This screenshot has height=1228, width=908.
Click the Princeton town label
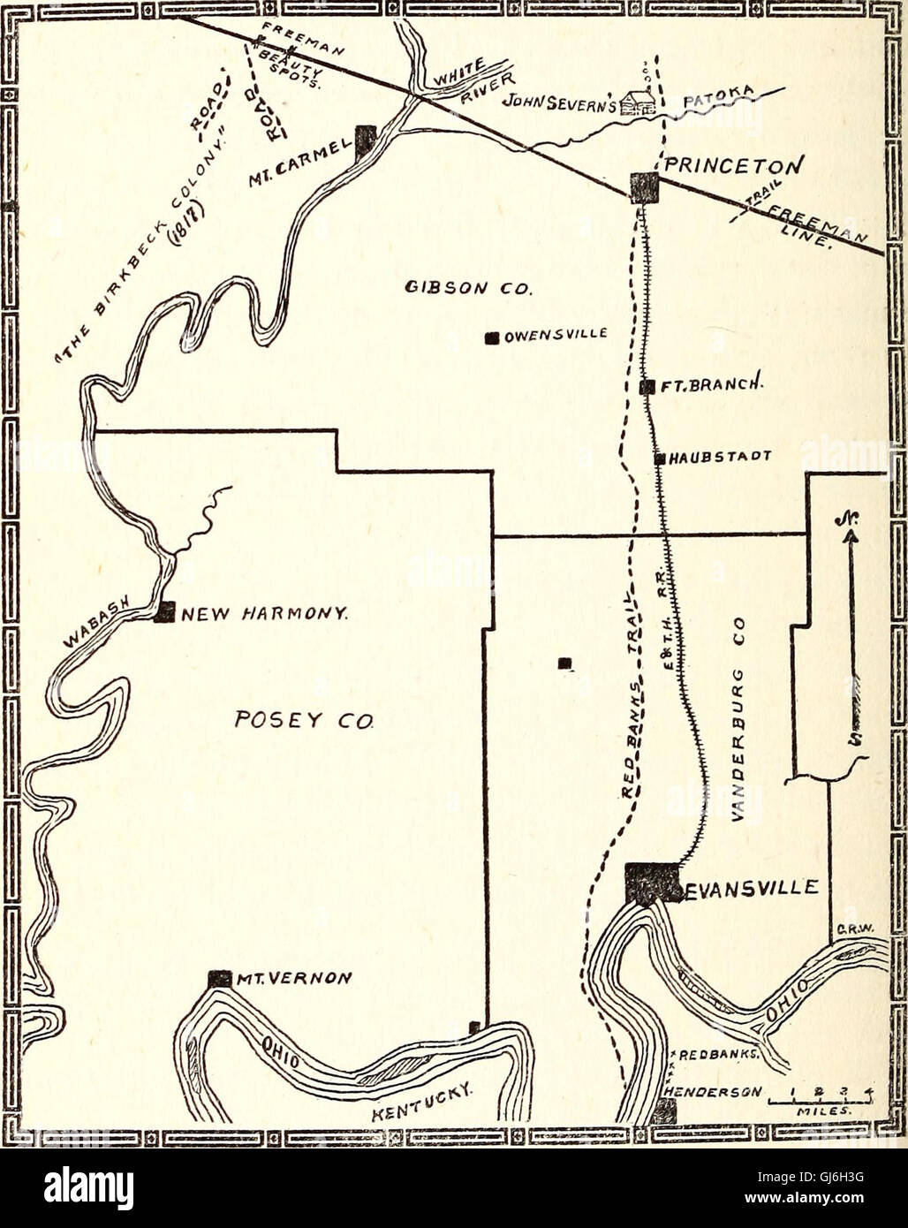pyautogui.click(x=733, y=166)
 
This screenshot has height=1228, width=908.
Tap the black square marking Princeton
pyautogui.click(x=644, y=187)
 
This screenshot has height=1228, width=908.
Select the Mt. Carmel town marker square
pyautogui.click(x=366, y=140)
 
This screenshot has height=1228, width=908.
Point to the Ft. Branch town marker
pyautogui.click(x=647, y=386)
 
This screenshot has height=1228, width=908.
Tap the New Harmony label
pyautogui.click(x=262, y=612)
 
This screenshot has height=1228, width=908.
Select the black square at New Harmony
pyautogui.click(x=164, y=612)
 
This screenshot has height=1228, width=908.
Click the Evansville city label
pyautogui.click(x=752, y=888)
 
